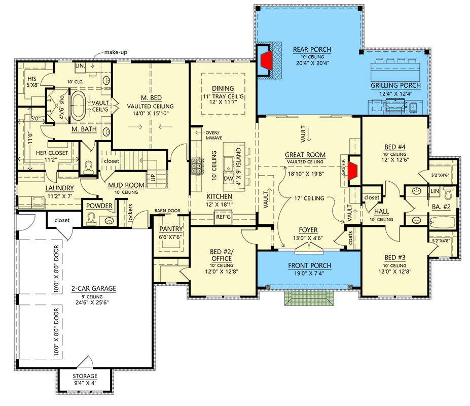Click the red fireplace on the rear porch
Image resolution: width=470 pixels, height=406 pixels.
pyautogui.click(x=266, y=61)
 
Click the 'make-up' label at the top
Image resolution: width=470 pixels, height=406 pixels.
pyautogui.click(x=115, y=52)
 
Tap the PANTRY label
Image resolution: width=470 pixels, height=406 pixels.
pyautogui.click(x=171, y=229)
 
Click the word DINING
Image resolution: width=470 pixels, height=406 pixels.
pyautogui.click(x=223, y=87)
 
